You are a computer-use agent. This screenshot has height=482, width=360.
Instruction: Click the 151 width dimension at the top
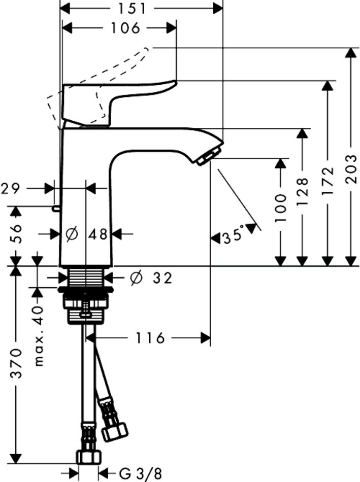click(x=133, y=9)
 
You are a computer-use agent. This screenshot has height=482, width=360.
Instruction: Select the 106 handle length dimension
click(x=125, y=28)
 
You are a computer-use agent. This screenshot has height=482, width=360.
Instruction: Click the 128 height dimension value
click(x=303, y=190)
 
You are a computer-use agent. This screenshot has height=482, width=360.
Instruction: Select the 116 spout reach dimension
click(x=150, y=337)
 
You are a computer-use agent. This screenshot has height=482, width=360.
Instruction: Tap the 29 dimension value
click(x=11, y=189)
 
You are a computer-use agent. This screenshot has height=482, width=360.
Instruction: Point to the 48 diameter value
click(x=98, y=234)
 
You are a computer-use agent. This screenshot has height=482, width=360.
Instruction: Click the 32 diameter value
click(x=162, y=278)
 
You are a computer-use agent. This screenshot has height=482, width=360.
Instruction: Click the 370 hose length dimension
click(x=16, y=363)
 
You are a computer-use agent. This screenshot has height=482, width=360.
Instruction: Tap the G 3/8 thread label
click(x=141, y=473)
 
